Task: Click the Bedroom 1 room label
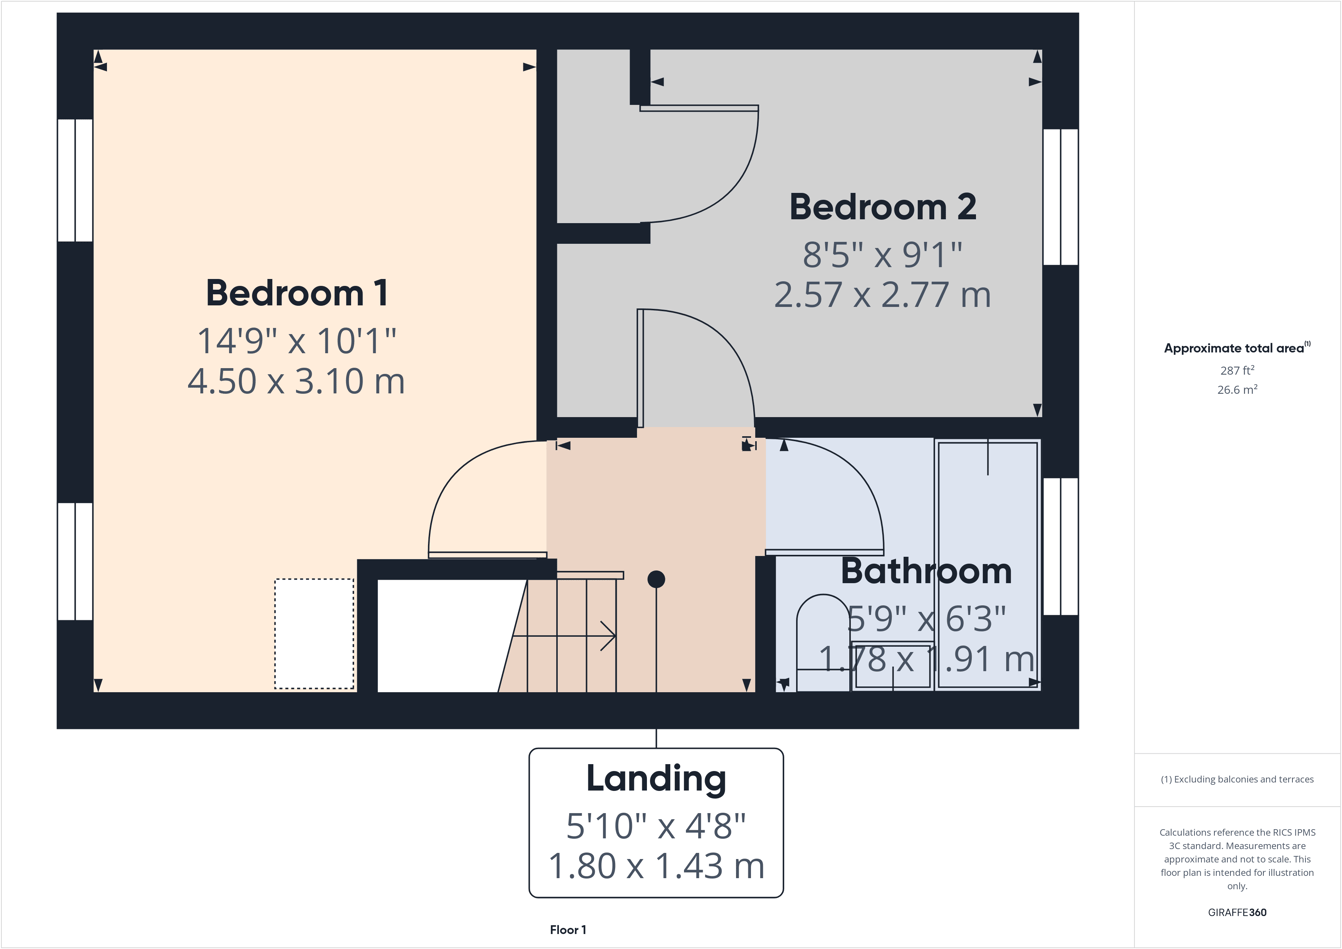(x=296, y=293)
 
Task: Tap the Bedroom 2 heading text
(x=882, y=207)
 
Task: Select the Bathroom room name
(x=925, y=571)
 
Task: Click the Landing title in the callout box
(x=656, y=778)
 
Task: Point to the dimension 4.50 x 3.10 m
(x=296, y=381)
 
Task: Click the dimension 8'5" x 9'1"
(x=882, y=254)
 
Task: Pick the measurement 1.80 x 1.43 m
(x=656, y=865)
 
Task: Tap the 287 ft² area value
(x=1236, y=370)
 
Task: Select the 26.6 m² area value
(x=1236, y=390)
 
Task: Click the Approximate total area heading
(x=1236, y=348)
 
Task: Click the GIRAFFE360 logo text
(x=1236, y=912)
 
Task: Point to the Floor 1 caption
(x=568, y=930)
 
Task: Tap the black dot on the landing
(x=656, y=579)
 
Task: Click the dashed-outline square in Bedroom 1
(x=314, y=633)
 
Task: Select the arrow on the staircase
(x=606, y=636)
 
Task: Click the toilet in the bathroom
(x=822, y=640)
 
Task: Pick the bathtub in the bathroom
(x=987, y=565)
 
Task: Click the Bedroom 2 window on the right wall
(x=1060, y=196)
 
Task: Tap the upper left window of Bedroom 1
(x=75, y=180)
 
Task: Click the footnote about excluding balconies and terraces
(x=1236, y=779)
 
